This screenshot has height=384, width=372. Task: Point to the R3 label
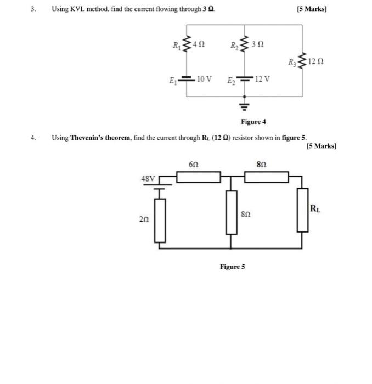point(292,60)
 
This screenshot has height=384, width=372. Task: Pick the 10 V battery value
point(204,79)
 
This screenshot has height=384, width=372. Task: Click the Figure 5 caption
point(232,267)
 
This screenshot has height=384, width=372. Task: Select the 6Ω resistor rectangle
point(198,176)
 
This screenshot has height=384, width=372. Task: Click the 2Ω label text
point(143,219)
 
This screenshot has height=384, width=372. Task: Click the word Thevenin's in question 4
point(90,138)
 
